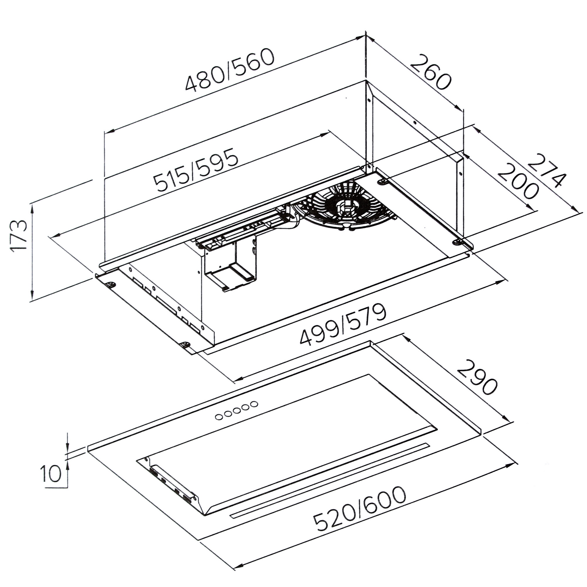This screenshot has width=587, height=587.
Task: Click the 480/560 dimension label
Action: point(230,70)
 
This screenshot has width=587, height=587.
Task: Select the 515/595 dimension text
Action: point(195,171)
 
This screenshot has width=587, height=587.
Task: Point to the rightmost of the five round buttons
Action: point(254,404)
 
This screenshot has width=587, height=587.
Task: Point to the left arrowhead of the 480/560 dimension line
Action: point(109,131)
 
